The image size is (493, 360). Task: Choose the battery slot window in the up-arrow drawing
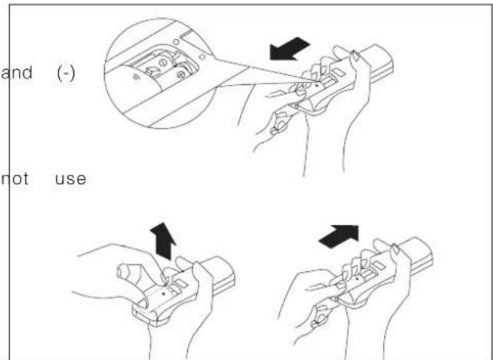pyautogui.click(x=173, y=284)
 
